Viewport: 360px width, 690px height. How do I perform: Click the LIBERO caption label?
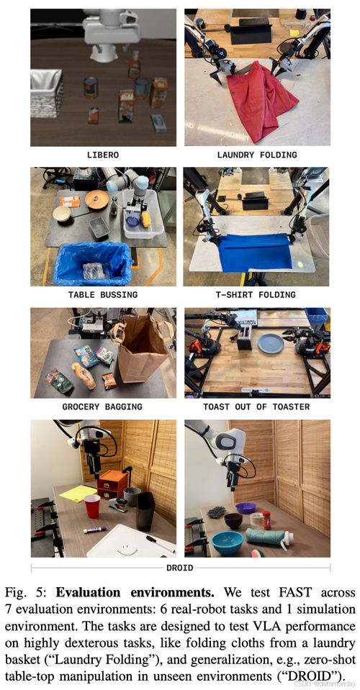pyautogui.click(x=103, y=155)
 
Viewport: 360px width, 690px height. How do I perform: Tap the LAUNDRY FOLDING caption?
pyautogui.click(x=257, y=155)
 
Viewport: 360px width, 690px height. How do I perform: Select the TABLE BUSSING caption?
pyautogui.click(x=103, y=294)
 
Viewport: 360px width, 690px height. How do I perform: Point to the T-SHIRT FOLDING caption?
pyautogui.click(x=256, y=294)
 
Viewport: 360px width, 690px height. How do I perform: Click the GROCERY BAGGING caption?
pyautogui.click(x=102, y=407)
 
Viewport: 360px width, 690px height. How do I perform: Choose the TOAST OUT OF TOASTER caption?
pyautogui.click(x=256, y=407)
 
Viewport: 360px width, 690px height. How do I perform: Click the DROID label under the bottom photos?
pyautogui.click(x=179, y=568)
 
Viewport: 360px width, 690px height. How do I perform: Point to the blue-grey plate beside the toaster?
pyautogui.click(x=271, y=344)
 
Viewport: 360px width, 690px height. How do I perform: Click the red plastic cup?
pyautogui.click(x=92, y=506)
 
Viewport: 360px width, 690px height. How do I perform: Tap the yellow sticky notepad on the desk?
pyautogui.click(x=78, y=493)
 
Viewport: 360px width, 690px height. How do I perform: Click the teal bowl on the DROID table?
pyautogui.click(x=227, y=543)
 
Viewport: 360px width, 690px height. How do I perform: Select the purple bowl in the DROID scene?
pyautogui.click(x=246, y=508)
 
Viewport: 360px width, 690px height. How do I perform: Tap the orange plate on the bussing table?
pyautogui.click(x=96, y=200)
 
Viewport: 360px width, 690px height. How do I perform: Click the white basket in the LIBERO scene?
pyautogui.click(x=46, y=94)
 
